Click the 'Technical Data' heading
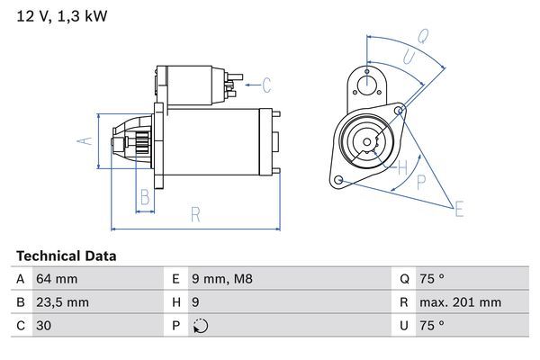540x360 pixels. [x=66, y=256]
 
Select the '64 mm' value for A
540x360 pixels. [x=55, y=279]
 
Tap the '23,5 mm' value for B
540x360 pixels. [x=61, y=302]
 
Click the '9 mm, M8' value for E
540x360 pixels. [x=223, y=279]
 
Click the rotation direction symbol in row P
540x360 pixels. [x=199, y=326]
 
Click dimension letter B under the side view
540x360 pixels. [x=144, y=197]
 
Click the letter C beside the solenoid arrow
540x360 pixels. [x=266, y=86]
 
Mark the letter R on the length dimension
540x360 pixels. [x=194, y=214]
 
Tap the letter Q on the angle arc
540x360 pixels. [x=422, y=36]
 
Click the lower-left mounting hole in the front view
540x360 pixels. [x=338, y=181]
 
